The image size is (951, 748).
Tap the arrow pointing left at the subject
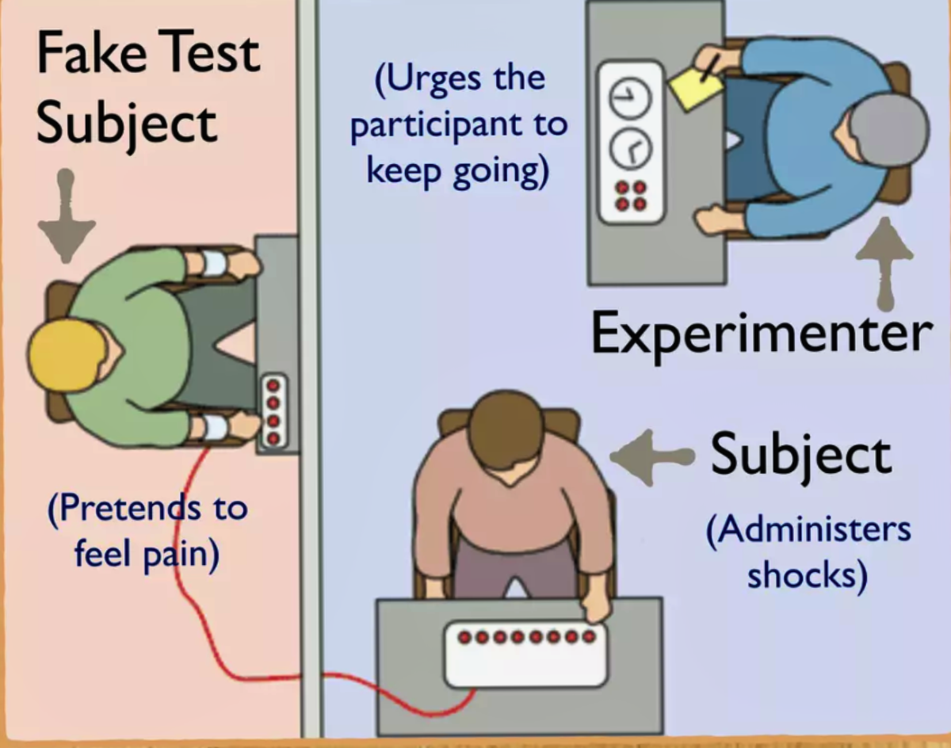(650, 457)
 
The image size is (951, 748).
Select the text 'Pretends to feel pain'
(147, 531)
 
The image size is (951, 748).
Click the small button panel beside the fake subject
(274, 410)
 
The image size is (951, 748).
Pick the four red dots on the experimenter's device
(631, 195)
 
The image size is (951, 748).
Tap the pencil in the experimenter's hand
(711, 65)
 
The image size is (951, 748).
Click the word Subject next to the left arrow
(800, 454)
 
